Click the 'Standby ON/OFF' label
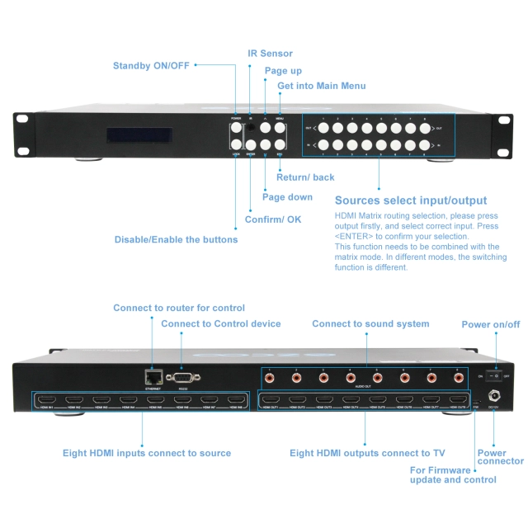click(x=151, y=65)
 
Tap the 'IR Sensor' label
click(x=270, y=54)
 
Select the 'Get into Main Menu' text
click(x=321, y=86)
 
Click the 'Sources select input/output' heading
click(x=410, y=200)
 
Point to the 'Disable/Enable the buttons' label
click(x=176, y=240)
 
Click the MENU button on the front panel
click(x=280, y=128)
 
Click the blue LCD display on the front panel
click(x=139, y=134)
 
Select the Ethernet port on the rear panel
click(x=153, y=376)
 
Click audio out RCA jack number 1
click(x=270, y=378)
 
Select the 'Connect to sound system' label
click(x=370, y=324)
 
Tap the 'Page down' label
click(x=287, y=197)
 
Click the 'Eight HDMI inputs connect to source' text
click(x=147, y=453)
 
